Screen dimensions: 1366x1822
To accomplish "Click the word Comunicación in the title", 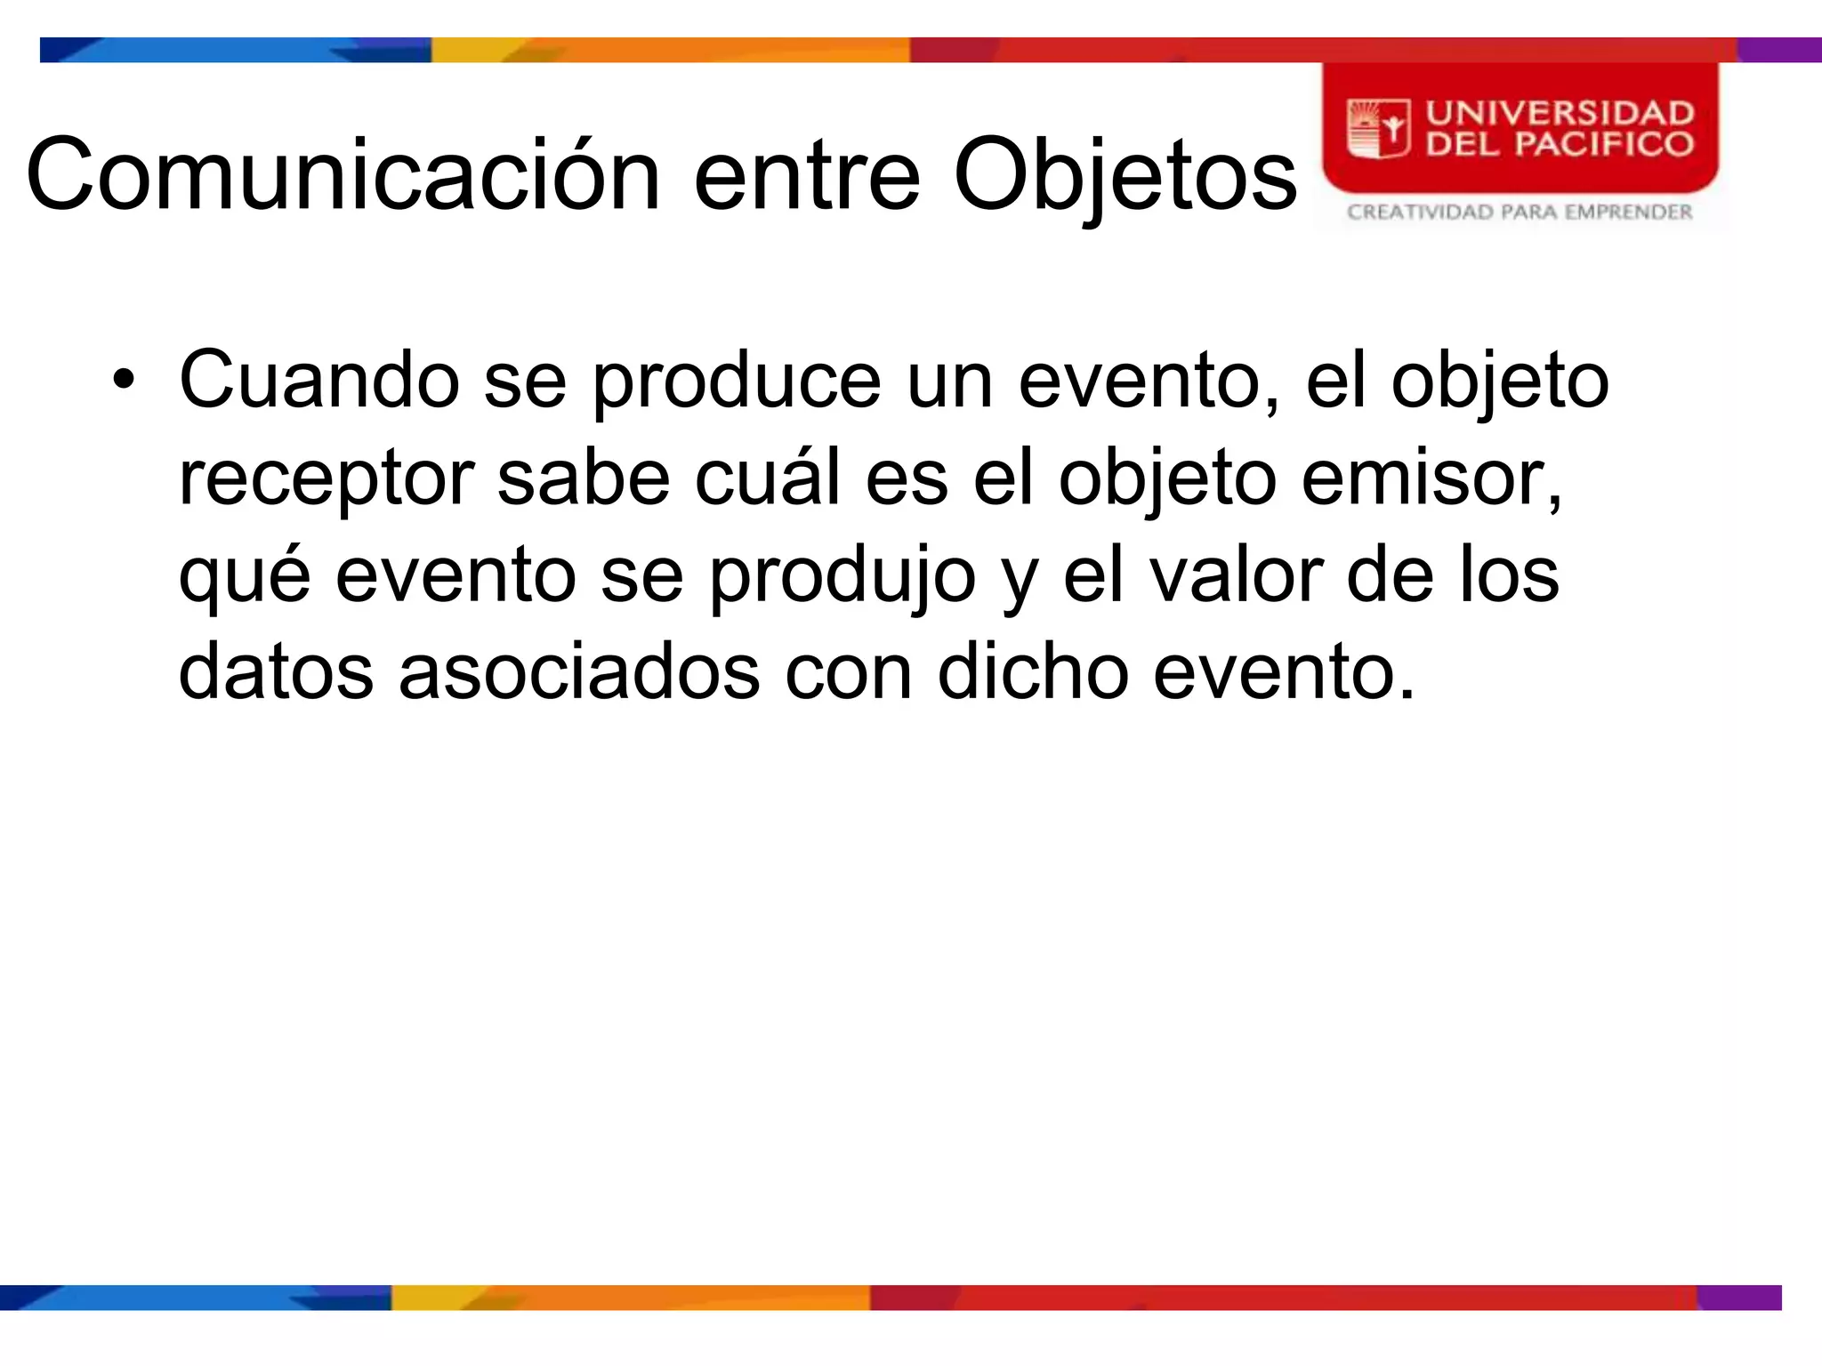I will tap(343, 175).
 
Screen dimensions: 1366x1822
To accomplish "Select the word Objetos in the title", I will tap(1125, 175).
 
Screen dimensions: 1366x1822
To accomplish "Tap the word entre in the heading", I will tap(806, 175).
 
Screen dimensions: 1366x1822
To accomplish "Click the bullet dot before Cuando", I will tap(124, 382).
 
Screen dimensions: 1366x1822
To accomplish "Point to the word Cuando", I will tap(319, 381).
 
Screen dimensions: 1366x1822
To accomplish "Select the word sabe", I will tap(583, 478).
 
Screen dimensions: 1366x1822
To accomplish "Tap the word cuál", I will tap(767, 478).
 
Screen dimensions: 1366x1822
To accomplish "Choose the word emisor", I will tap(1431, 478).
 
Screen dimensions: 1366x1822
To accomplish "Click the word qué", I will tap(245, 576).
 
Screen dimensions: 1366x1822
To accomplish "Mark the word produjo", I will tap(842, 576).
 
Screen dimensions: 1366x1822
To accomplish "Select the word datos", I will tap(276, 672).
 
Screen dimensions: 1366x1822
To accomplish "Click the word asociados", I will tap(579, 672).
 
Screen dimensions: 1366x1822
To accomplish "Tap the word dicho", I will tap(1033, 672).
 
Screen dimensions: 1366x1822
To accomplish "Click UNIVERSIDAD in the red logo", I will tap(1560, 113).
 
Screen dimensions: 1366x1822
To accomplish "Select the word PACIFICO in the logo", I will tap(1603, 144).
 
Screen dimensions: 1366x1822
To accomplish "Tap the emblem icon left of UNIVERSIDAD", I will tap(1378, 130).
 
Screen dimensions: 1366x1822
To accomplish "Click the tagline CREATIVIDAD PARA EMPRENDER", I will tap(1520, 213).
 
